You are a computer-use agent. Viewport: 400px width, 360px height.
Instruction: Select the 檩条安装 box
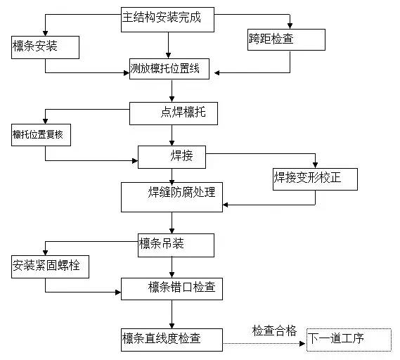45,47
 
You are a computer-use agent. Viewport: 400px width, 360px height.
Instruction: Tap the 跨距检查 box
286,40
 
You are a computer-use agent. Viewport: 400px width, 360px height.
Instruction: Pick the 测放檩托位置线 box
171,70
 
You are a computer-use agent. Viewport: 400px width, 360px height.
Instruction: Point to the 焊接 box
172,157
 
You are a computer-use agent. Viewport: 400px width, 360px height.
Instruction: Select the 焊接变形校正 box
315,179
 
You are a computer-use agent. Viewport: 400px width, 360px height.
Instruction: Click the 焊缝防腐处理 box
172,197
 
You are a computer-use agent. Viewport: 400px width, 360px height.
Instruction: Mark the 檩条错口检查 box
172,288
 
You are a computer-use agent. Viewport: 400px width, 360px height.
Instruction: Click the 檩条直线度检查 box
172,339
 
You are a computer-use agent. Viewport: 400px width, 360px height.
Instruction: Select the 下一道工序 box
349,340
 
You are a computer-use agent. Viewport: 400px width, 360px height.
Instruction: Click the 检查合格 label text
275,330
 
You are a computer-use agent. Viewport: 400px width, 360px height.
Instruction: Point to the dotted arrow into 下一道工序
266,342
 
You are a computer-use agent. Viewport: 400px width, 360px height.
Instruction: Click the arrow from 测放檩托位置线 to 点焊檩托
172,92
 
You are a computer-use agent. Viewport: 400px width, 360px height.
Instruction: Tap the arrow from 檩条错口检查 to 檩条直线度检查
172,314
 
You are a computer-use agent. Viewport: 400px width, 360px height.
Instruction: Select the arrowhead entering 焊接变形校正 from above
315,165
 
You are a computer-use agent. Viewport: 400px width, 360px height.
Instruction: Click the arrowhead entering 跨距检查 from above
290,27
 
